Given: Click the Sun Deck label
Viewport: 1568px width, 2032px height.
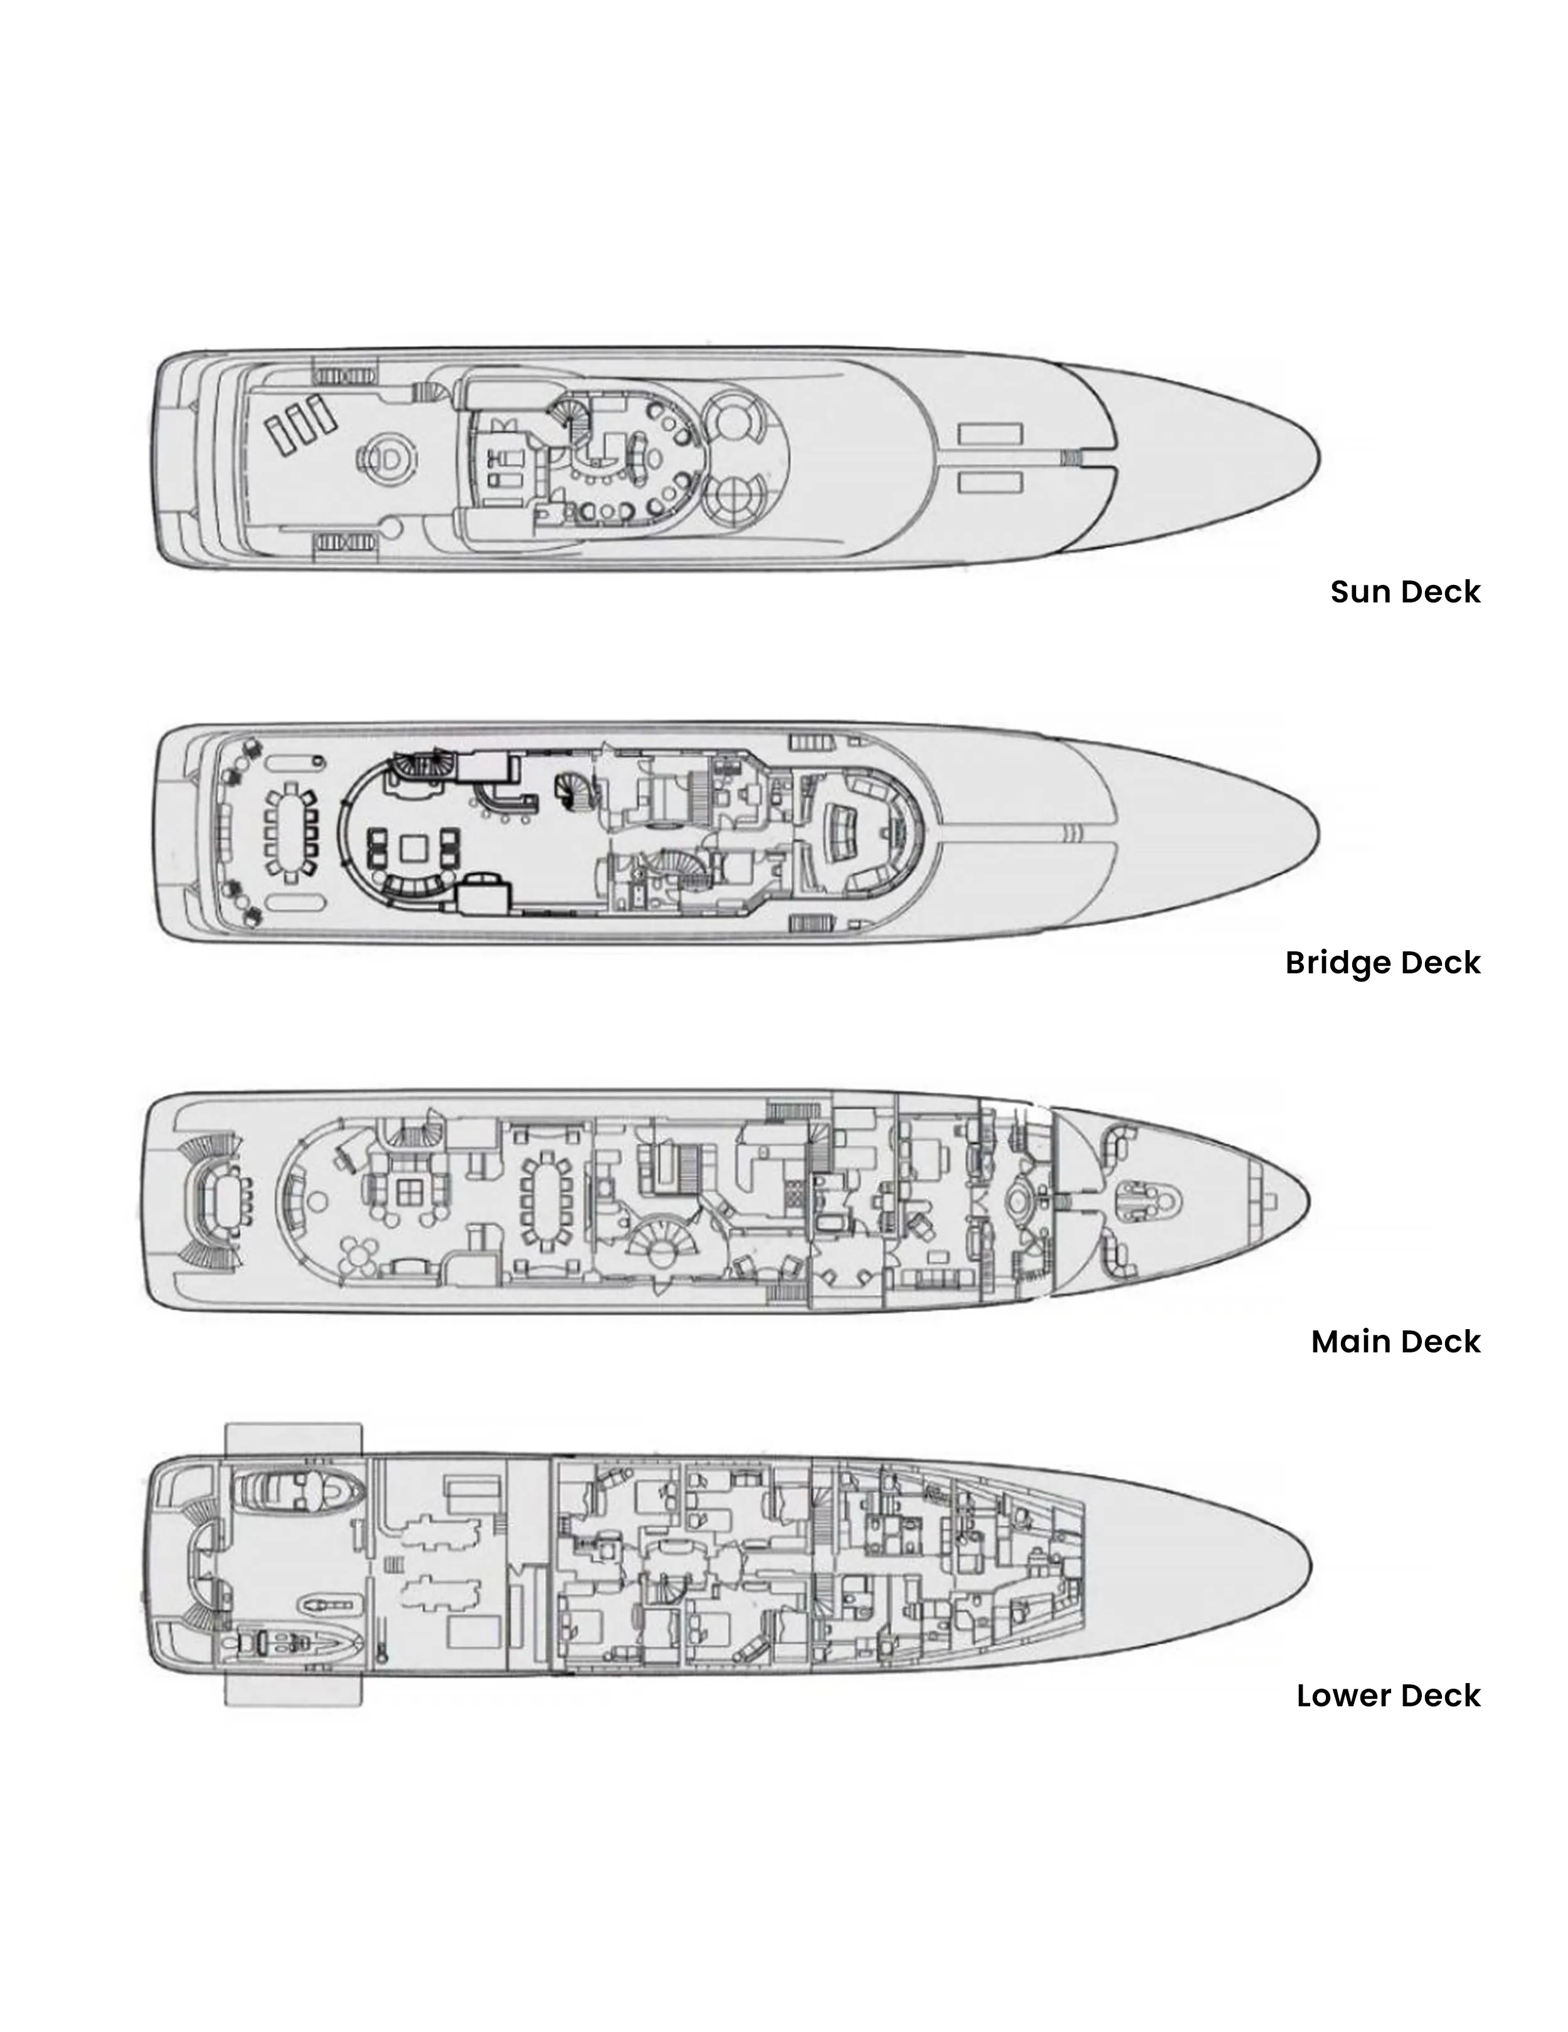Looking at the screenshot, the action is [1404, 592].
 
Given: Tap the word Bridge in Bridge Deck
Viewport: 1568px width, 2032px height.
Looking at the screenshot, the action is [1337, 963].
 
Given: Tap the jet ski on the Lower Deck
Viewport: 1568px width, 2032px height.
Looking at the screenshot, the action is [330, 1603].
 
